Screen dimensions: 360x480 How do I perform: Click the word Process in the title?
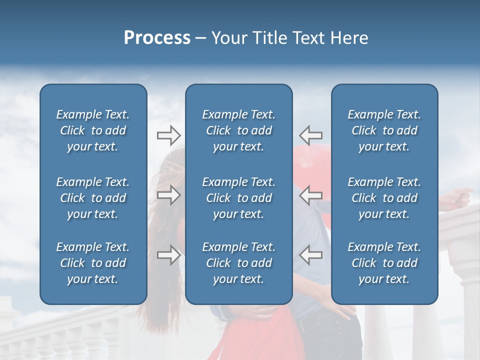click(x=157, y=38)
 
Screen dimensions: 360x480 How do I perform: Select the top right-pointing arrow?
click(x=168, y=135)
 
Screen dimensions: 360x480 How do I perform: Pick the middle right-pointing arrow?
click(x=168, y=195)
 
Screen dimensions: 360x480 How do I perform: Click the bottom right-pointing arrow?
click(x=168, y=255)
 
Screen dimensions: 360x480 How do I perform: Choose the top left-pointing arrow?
click(x=311, y=135)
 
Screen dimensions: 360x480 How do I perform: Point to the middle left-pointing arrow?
click(x=311, y=195)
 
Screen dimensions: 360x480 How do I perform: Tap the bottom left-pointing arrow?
click(x=311, y=255)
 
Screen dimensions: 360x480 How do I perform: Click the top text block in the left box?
click(x=93, y=130)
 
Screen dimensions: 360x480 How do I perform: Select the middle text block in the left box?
click(x=93, y=198)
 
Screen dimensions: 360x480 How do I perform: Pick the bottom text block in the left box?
click(x=93, y=263)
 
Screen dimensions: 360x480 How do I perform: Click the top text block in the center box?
click(x=239, y=130)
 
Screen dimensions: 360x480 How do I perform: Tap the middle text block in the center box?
click(x=239, y=198)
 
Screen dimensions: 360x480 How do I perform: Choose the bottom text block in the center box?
click(x=239, y=263)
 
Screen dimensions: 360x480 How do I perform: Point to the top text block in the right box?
click(x=384, y=130)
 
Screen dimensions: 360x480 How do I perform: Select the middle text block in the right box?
click(x=384, y=198)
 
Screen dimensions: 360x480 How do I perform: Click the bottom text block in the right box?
click(x=384, y=263)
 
